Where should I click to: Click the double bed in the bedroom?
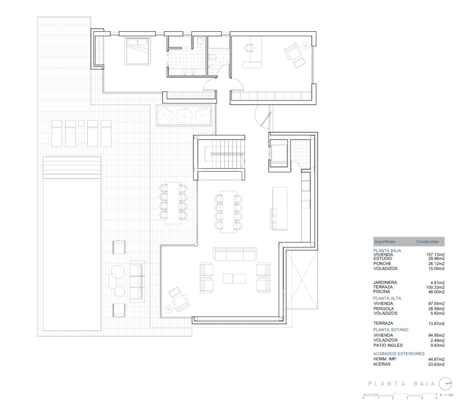click(137, 51)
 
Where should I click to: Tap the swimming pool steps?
click(72, 168)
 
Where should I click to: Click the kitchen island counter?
click(279, 209)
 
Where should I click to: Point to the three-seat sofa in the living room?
click(235, 254)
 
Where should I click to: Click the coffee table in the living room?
click(234, 278)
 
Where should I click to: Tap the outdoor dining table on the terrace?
click(173, 203)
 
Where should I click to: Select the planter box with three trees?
click(184, 116)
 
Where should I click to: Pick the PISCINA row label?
click(381, 292)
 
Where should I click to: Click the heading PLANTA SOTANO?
click(391, 329)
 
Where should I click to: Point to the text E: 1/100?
click(447, 395)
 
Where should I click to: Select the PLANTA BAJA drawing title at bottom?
click(401, 384)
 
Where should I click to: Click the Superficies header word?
click(384, 242)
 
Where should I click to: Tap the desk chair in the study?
click(249, 47)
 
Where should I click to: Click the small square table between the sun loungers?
click(81, 123)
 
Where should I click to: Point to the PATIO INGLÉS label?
click(388, 346)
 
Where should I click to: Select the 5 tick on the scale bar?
click(436, 398)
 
